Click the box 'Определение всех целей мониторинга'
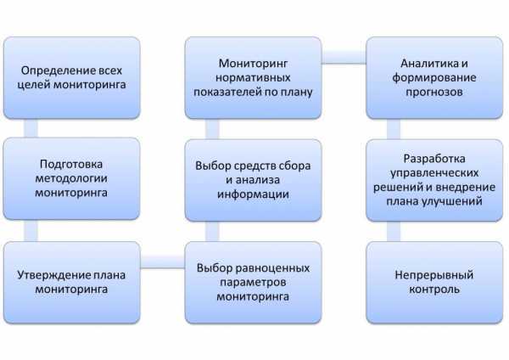pos(71,77)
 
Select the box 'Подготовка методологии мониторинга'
pos(71,178)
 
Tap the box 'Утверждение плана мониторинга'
pos(71,282)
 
